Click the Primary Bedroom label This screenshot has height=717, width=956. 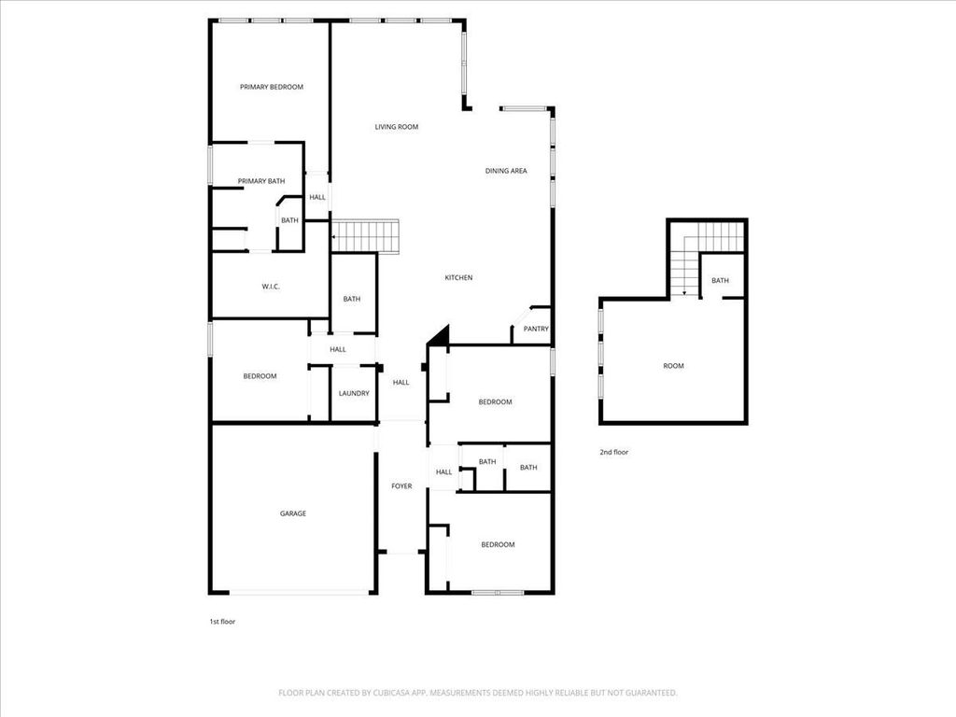tap(272, 87)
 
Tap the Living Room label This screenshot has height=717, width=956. tap(396, 127)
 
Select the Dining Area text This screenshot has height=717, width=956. tap(506, 171)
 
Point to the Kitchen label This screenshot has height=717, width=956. tap(458, 277)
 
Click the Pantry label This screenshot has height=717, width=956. tap(536, 329)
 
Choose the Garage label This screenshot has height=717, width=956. tap(292, 513)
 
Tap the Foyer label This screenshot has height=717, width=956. tap(401, 485)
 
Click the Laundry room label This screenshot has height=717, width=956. tap(354, 393)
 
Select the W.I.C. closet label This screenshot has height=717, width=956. tap(271, 287)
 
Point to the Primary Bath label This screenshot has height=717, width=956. tap(261, 181)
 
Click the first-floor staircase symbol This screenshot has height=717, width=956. tap(365, 236)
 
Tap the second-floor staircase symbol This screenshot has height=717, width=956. tap(708, 256)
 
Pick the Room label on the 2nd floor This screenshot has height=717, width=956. tap(674, 366)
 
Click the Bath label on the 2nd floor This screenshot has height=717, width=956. tap(720, 280)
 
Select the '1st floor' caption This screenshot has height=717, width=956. tap(222, 621)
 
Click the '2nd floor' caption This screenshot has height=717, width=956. tap(614, 452)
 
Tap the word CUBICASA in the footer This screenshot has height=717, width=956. tap(394, 693)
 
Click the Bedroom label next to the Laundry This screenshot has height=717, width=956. tap(260, 376)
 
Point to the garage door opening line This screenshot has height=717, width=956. tap(299, 592)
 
